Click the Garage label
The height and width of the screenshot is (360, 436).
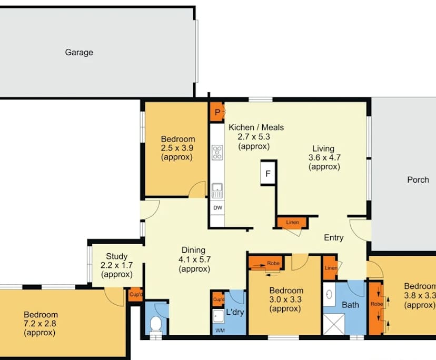tap(79, 52)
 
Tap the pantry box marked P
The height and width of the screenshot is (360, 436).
tap(217, 112)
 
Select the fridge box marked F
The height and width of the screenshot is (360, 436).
tap(268, 174)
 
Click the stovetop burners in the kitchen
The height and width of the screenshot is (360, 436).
tap(217, 152)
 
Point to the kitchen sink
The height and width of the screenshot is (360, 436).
tap(217, 191)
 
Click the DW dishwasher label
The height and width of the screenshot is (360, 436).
tap(217, 208)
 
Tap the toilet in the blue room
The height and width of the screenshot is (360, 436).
tap(156, 325)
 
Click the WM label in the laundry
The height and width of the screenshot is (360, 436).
tap(220, 331)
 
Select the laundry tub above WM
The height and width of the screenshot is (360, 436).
tap(219, 316)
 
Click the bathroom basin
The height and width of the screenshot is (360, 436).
tap(329, 294)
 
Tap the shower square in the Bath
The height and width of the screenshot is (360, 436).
tap(334, 324)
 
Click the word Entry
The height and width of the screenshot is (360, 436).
tap(334, 237)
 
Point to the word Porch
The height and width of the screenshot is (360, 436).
tap(418, 180)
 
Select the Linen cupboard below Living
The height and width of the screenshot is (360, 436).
tap(292, 223)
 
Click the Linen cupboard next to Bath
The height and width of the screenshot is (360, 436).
tap(330, 268)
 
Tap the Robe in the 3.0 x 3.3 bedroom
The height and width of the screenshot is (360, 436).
tap(266, 263)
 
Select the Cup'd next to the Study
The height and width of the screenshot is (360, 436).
tap(136, 294)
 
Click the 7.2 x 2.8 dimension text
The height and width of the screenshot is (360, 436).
tap(40, 324)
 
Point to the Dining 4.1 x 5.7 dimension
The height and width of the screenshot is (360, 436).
tap(194, 259)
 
